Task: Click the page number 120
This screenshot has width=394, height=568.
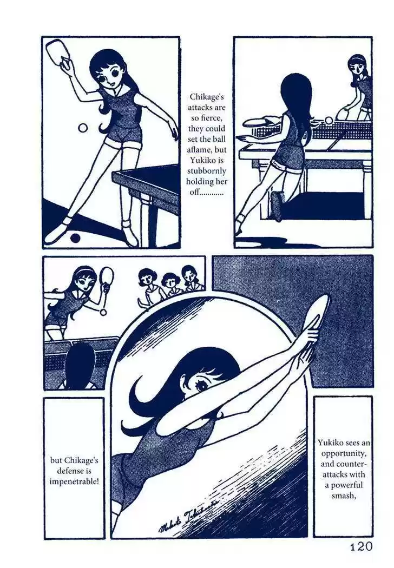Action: [x=362, y=546]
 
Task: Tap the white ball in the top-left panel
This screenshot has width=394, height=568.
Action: [x=83, y=128]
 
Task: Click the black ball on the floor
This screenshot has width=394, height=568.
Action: [x=75, y=238]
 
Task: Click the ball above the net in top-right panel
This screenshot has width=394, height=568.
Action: [x=329, y=120]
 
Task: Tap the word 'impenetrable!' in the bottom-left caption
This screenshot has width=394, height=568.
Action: [x=74, y=482]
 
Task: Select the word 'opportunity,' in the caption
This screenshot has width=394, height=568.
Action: [x=343, y=453]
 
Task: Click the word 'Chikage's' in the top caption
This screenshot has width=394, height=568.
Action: [x=207, y=97]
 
